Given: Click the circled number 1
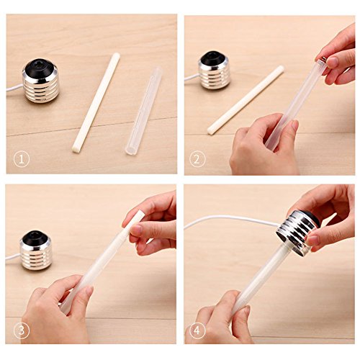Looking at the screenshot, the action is point(22,160).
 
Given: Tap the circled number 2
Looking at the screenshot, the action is point(197,160).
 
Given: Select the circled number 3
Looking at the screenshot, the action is point(22,330).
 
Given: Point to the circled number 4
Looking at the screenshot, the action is point(197,330).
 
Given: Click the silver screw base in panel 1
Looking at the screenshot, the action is point(40,81).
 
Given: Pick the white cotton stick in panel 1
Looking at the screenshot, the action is point(96,103).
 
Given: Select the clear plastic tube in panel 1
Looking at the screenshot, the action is point(143,111).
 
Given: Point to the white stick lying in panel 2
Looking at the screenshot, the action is point(246,99).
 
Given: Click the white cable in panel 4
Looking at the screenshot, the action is point(230,219).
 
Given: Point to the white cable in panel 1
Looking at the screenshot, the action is point(14,88).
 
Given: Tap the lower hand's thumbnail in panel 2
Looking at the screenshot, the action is point(295,125).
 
